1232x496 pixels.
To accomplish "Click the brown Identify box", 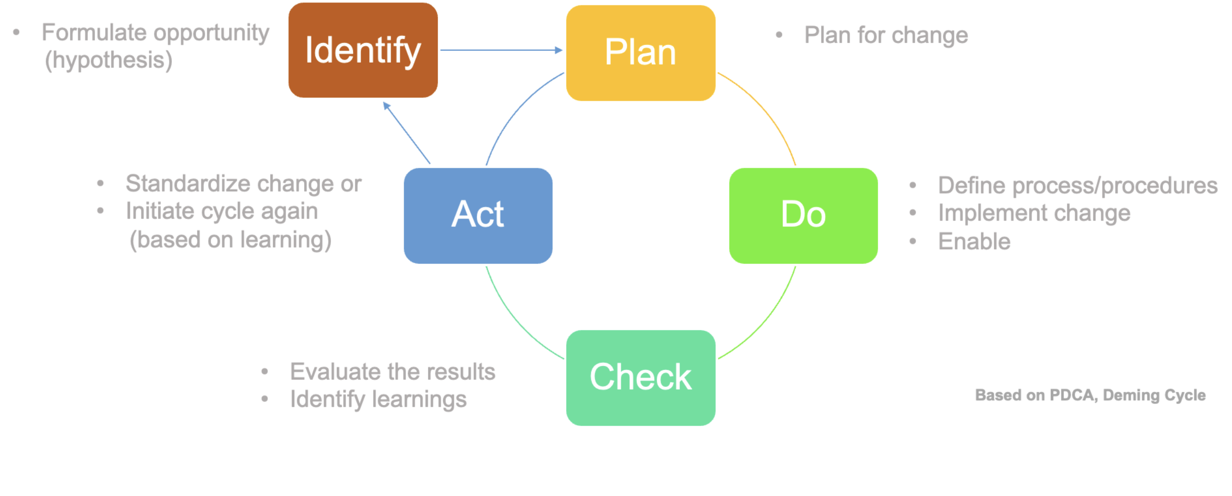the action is [363, 50].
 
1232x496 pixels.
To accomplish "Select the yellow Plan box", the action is [640, 53].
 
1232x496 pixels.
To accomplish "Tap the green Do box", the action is [803, 216].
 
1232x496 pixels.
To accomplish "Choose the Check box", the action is [640, 378].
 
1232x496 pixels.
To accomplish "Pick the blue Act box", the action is [478, 216].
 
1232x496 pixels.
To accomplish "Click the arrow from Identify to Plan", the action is [501, 50].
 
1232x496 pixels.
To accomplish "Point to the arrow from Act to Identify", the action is [406, 133].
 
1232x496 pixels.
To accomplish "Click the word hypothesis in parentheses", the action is [108, 61].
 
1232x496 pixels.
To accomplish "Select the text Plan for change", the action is [886, 35].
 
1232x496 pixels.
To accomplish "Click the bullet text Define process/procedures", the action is [1077, 186].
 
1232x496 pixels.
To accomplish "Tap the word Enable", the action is [974, 242].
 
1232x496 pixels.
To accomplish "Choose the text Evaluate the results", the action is [392, 372].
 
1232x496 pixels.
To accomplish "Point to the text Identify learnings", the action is [378, 400].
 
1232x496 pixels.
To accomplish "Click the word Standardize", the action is [188, 184].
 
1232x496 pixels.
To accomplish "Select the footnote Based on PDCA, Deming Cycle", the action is [1090, 395].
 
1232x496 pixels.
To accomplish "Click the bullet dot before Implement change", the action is [913, 213].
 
